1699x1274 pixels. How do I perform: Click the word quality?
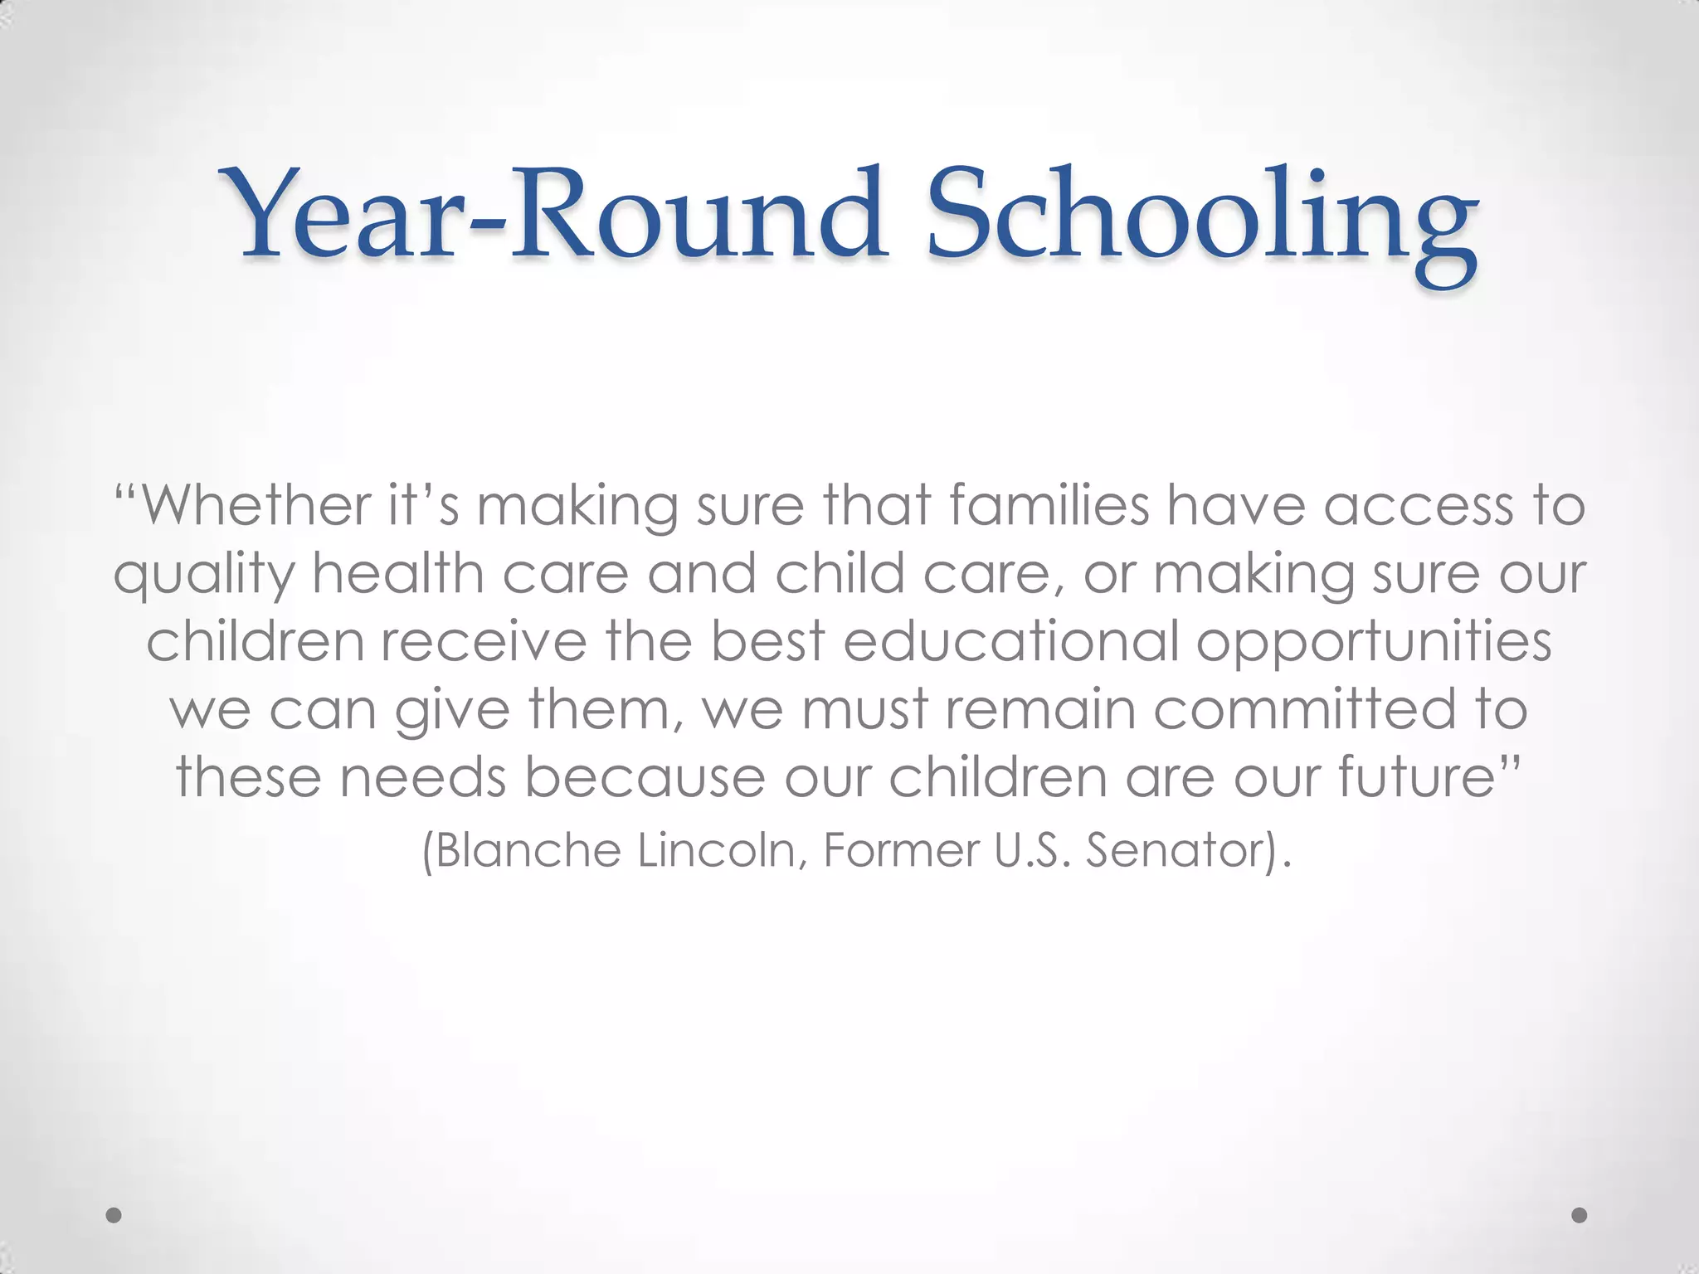tap(204, 574)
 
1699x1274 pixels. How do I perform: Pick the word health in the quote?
tap(398, 574)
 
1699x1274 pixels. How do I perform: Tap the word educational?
tap(1011, 641)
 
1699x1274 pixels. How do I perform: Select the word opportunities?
tap(1373, 643)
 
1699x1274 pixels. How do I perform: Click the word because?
tap(644, 777)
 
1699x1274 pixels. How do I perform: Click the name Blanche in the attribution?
tap(529, 850)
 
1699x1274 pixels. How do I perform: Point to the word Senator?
tap(1178, 850)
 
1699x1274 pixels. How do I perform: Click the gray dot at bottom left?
tap(114, 1215)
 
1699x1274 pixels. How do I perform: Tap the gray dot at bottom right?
tap(1580, 1215)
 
